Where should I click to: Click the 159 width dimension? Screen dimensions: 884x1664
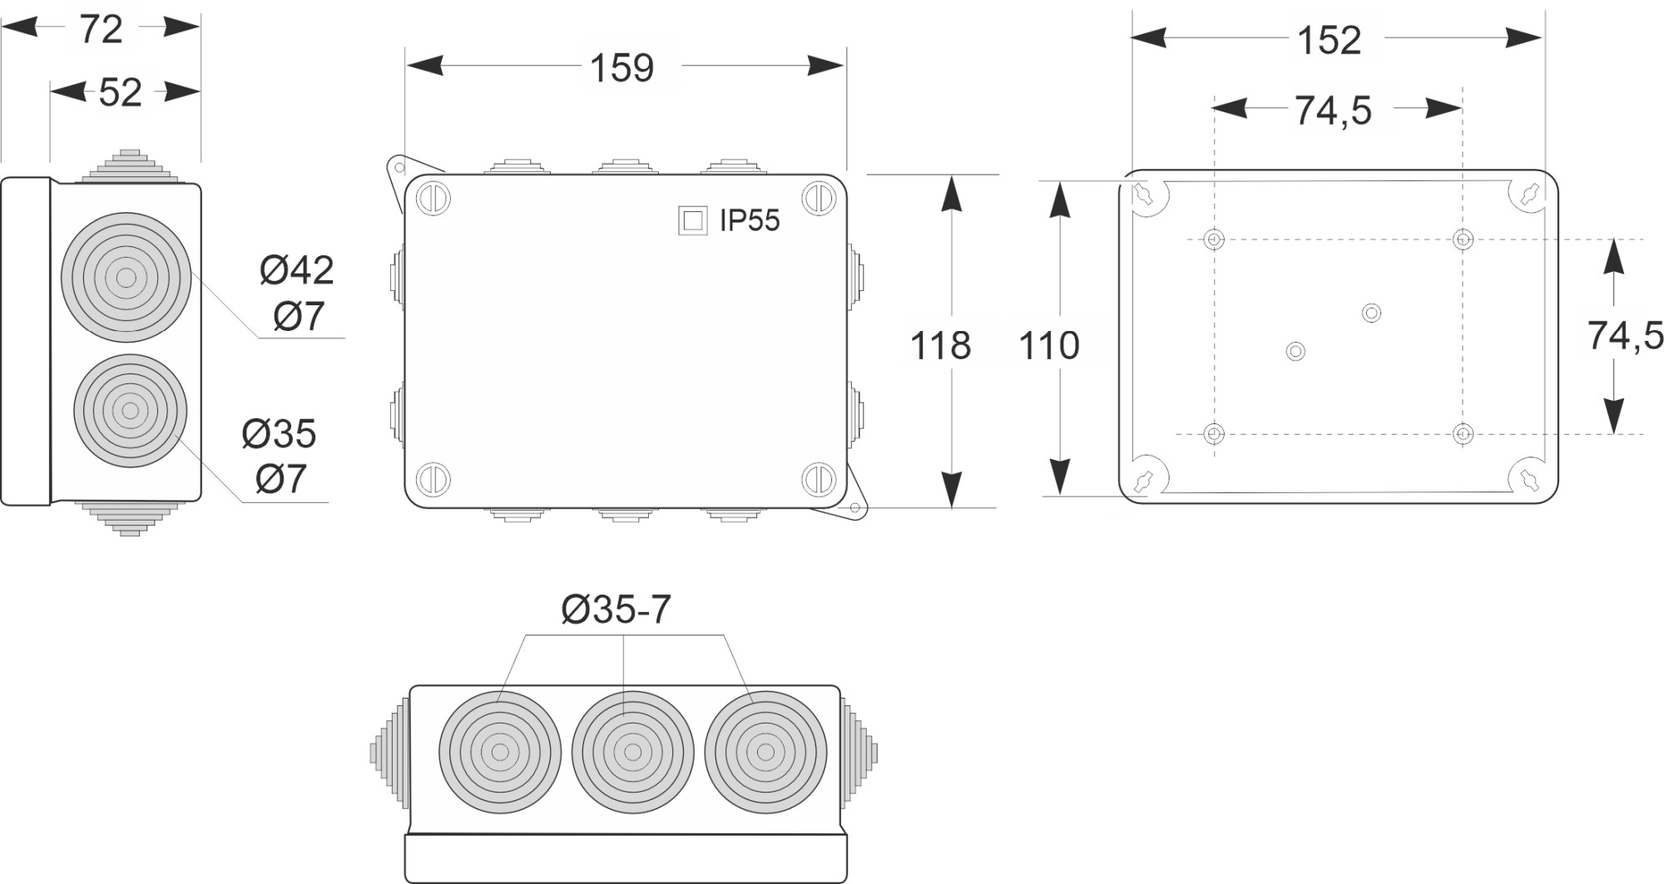click(622, 67)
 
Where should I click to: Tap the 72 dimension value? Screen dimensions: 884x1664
click(101, 30)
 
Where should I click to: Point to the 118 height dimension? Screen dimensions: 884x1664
click(940, 344)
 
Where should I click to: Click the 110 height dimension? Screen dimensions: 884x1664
click(1049, 344)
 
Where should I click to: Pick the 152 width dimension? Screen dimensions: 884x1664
click(1329, 40)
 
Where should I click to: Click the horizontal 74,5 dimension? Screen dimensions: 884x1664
click(1332, 110)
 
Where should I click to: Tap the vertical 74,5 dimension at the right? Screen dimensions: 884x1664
click(1625, 335)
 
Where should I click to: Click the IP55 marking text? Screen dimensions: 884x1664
click(750, 220)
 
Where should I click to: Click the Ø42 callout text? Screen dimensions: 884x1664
click(296, 270)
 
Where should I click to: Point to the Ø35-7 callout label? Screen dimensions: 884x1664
click(616, 610)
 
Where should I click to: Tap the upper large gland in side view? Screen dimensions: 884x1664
click(126, 277)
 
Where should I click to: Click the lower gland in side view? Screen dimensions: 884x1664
click(130, 410)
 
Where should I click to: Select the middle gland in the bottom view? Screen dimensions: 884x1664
click(632, 753)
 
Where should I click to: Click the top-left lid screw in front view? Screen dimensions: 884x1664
click(433, 199)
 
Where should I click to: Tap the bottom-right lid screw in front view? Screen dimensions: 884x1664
click(819, 479)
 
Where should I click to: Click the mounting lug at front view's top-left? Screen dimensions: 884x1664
click(397, 170)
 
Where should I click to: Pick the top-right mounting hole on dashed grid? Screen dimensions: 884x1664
click(1463, 240)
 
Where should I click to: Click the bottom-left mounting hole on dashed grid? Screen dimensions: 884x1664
click(1214, 433)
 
